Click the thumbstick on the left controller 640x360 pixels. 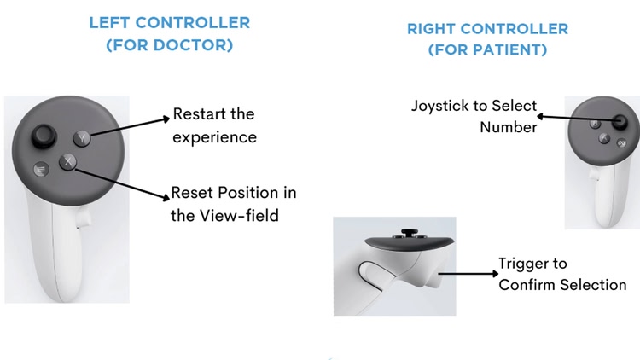[x=43, y=136]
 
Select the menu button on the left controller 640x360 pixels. [x=39, y=170]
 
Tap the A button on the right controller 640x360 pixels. [x=602, y=138]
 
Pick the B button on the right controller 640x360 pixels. [x=592, y=125]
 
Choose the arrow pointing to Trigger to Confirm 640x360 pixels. [x=465, y=274]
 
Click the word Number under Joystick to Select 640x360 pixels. [x=509, y=128]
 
